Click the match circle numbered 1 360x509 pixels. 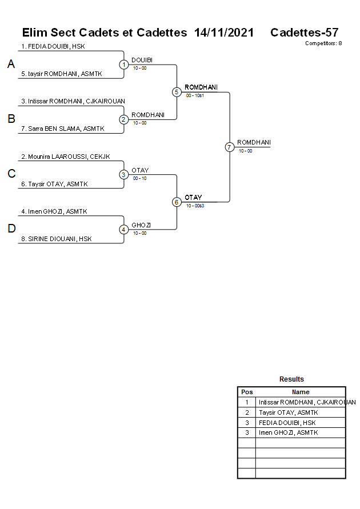tap(124, 65)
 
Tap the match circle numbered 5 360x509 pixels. tap(177, 92)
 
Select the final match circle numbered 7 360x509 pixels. tap(229, 147)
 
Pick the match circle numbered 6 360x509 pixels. tap(177, 202)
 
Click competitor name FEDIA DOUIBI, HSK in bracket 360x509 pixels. tap(53, 46)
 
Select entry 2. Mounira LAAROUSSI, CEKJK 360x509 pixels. tap(65, 157)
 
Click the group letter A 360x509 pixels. tap(11, 65)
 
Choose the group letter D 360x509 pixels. tap(11, 229)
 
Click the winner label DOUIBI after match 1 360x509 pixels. tap(142, 60)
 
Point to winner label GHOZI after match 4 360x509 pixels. tap(141, 225)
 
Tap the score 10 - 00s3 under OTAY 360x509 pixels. tap(195, 206)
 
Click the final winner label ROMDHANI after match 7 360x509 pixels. tap(254, 142)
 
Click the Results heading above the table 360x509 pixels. tap(291, 379)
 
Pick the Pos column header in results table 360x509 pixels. tap(247, 392)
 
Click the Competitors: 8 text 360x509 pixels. tap(323, 43)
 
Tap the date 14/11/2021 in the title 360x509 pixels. tap(224, 33)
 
